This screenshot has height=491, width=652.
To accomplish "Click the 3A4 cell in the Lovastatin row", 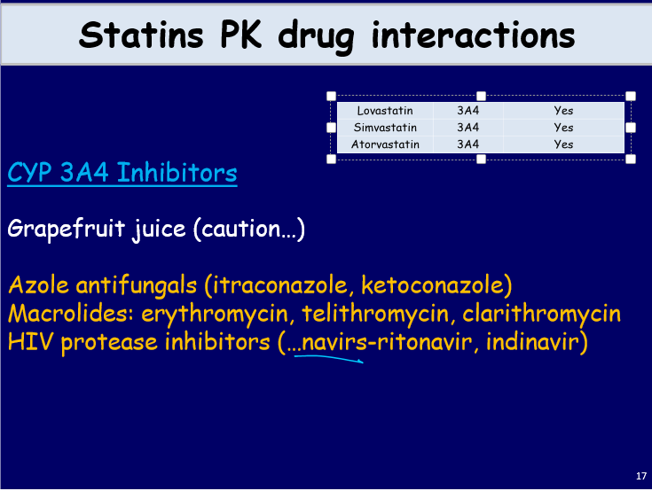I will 467,111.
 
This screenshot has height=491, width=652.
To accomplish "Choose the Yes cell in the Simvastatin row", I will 563,128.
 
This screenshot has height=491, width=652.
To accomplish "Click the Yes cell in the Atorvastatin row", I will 563,144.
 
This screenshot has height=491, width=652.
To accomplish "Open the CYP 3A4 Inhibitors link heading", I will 122,172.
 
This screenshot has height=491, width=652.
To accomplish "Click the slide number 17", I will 641,477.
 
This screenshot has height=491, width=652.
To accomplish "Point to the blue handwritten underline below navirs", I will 328,358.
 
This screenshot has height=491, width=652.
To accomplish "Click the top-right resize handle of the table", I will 631,96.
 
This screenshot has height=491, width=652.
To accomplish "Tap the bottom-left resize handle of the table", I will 332,160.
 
